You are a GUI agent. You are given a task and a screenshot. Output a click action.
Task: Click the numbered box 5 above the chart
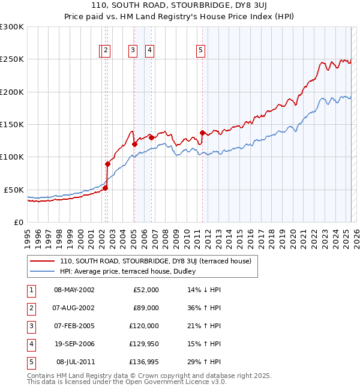point(200,51)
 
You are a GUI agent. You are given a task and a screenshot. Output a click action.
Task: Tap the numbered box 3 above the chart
point(131,51)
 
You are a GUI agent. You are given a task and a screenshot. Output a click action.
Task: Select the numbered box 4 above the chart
point(149,51)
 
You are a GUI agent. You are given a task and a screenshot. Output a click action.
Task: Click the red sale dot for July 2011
point(202,133)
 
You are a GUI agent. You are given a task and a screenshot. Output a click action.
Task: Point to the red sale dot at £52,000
point(105,188)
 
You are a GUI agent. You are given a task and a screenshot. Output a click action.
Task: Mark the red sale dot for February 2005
point(134,144)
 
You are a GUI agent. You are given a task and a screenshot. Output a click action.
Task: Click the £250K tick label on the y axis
point(12,59)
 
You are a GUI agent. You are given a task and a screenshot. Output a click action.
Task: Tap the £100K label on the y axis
point(12,157)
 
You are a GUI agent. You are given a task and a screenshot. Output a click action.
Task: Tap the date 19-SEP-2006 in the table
point(74,344)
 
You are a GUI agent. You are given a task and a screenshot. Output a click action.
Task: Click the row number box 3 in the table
point(30,326)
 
